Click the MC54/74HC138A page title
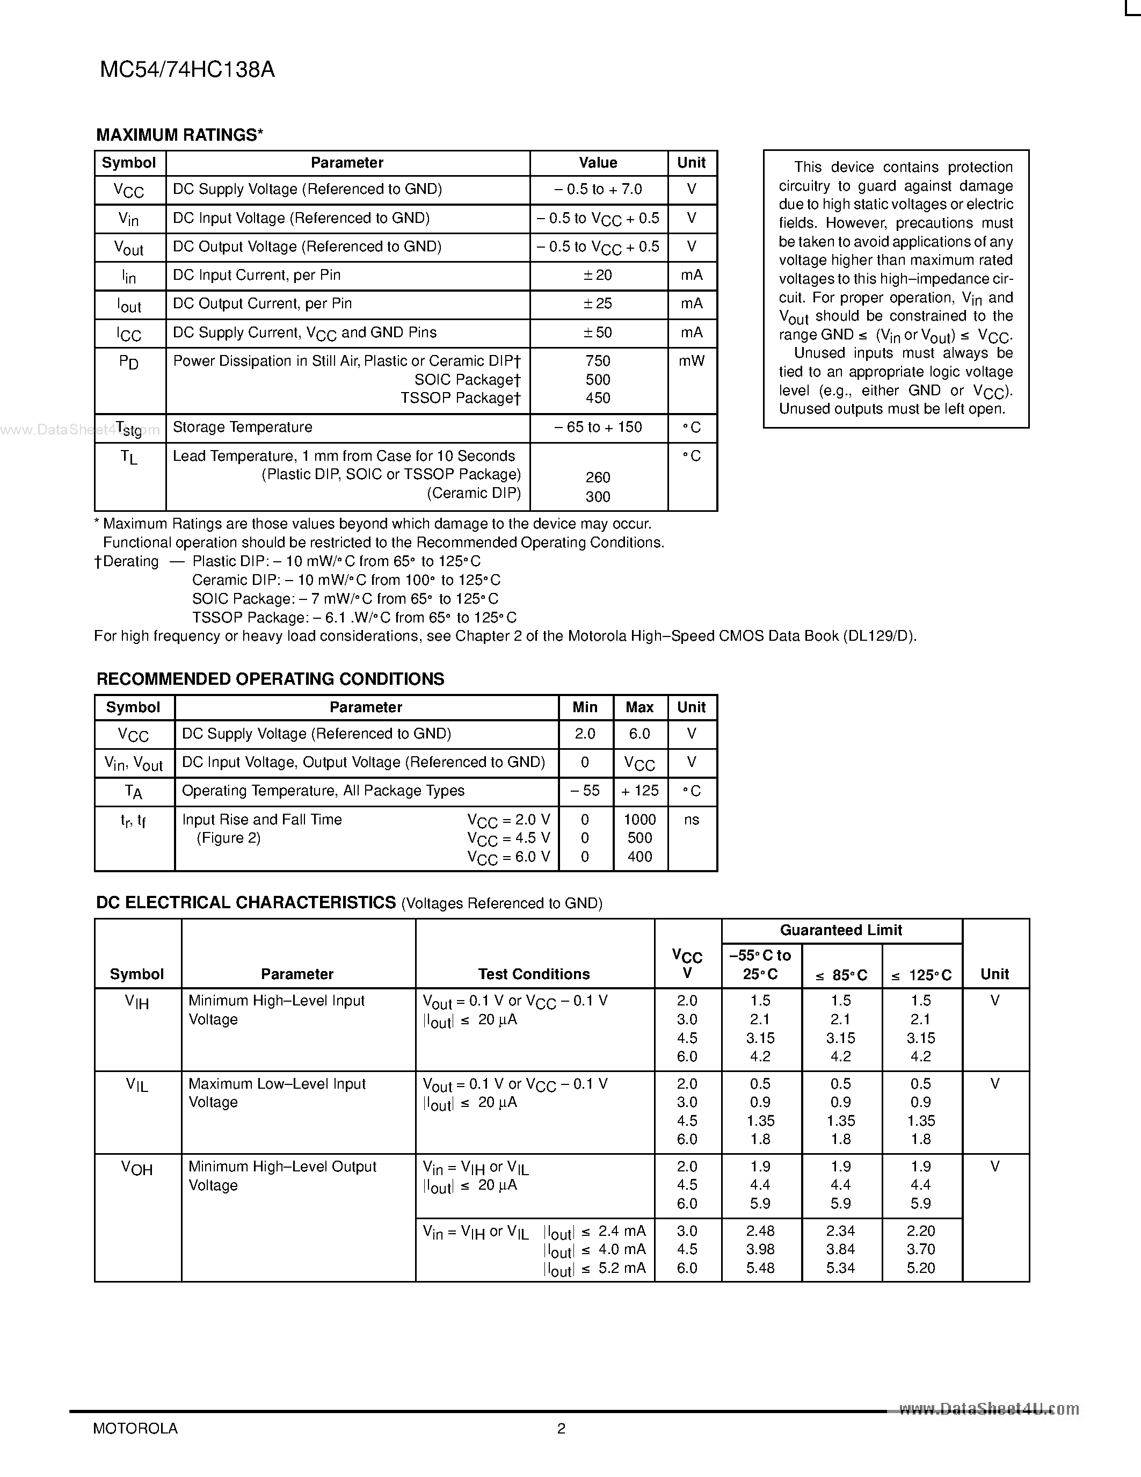[x=187, y=70]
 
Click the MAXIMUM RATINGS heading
[x=179, y=135]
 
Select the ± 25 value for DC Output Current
[x=598, y=303]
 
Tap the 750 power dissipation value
[x=598, y=361]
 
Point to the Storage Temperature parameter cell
[x=243, y=428]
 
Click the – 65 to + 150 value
[x=598, y=428]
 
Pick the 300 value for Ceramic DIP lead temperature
[x=598, y=496]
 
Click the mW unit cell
[x=692, y=361]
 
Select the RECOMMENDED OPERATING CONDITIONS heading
[x=271, y=679]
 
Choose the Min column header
[x=585, y=707]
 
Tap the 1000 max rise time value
[x=639, y=820]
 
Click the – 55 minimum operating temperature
[x=585, y=791]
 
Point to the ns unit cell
[x=692, y=820]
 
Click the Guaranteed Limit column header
[x=841, y=931]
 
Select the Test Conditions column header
[x=534, y=974]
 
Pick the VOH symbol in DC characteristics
[x=137, y=1168]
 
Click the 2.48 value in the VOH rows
[x=760, y=1231]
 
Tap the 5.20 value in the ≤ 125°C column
[x=921, y=1268]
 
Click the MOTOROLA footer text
[x=135, y=1428]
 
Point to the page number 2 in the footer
[x=561, y=1428]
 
